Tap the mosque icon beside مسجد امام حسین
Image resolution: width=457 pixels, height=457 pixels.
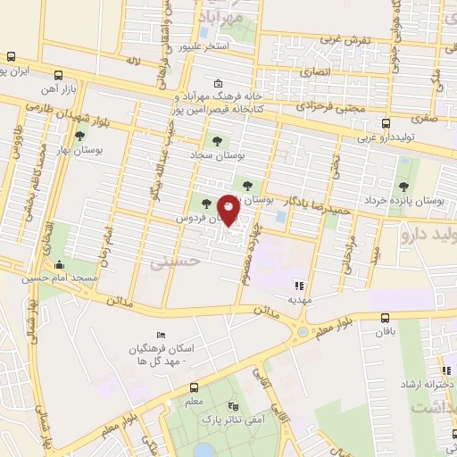(x=60, y=264)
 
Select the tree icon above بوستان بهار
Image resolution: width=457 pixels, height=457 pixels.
(x=80, y=136)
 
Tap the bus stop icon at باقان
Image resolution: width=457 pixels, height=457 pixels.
(x=385, y=318)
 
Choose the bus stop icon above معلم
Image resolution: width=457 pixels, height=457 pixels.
(x=194, y=387)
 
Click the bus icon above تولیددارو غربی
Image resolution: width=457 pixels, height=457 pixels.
(x=385, y=124)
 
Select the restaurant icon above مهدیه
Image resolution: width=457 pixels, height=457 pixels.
(x=299, y=287)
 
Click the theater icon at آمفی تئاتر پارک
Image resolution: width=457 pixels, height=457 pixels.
(x=234, y=405)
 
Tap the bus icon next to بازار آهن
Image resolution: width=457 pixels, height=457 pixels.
(x=58, y=76)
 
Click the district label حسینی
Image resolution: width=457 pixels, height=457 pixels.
(x=171, y=263)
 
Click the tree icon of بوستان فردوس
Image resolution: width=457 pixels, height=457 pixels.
(x=207, y=204)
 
